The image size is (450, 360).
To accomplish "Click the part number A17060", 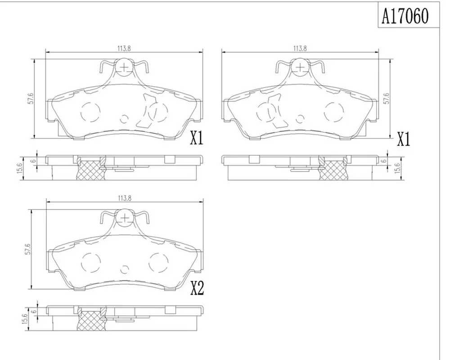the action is [405, 16].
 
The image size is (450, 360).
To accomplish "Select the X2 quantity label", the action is [198, 288].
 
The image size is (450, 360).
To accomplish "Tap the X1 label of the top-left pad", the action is [197, 138].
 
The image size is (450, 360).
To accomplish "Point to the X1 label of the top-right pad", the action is [404, 139].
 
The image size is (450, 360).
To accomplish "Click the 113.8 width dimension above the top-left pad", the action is [124, 49].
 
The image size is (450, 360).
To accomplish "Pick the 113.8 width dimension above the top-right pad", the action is [300, 49].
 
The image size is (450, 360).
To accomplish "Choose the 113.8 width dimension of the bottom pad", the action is [125, 198].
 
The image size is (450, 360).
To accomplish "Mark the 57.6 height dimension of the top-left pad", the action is [31, 98].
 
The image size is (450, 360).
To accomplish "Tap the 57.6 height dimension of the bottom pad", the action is [27, 249].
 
